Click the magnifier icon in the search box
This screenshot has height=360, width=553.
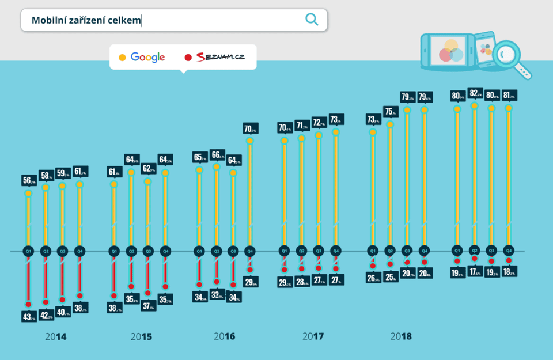[x=312, y=20]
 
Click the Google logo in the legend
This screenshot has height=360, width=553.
[x=147, y=57]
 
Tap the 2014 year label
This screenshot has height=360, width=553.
[x=55, y=336]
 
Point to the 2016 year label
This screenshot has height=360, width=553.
[x=224, y=336]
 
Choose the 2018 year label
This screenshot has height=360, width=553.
[x=401, y=336]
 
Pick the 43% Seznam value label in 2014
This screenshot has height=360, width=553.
[x=29, y=316]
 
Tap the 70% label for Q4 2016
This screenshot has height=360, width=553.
[x=251, y=128]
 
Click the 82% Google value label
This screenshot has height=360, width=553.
[x=475, y=94]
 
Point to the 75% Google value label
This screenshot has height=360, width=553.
[x=391, y=112]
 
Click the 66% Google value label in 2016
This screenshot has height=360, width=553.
[x=217, y=155]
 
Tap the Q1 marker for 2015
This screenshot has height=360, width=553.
[x=114, y=251]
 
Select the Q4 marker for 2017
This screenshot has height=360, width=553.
[x=336, y=251]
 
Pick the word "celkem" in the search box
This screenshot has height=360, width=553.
[x=124, y=20]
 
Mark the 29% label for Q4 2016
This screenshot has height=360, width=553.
[x=251, y=282]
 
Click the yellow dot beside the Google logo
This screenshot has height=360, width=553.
[x=122, y=58]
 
